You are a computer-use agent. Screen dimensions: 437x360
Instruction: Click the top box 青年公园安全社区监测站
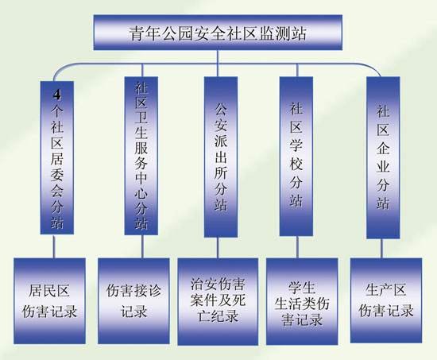218,33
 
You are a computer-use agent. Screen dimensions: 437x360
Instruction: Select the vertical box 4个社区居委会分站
57,157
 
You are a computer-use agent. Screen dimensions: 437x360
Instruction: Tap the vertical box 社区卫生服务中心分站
141,156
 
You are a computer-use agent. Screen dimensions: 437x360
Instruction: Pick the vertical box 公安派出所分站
221,157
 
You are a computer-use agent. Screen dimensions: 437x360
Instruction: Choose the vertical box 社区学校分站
296,157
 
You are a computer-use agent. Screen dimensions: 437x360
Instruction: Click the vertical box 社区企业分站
383,158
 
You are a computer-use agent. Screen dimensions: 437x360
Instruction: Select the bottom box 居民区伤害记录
49,301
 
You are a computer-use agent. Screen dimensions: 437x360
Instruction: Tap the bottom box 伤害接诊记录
133,301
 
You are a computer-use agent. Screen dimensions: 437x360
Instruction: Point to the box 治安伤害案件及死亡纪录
218,301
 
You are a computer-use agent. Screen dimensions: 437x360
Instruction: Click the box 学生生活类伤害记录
302,301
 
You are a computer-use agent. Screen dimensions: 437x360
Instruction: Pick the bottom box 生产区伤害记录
386,300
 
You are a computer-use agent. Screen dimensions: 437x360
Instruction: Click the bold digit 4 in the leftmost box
57,95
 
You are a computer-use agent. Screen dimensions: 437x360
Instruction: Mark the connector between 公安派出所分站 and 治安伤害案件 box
218,248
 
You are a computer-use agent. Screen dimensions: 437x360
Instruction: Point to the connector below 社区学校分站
297,247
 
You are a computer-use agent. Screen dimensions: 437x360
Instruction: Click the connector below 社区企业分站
381,248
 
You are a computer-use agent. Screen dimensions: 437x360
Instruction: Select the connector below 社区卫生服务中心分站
142,246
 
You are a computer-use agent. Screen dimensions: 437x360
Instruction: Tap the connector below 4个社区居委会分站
54,246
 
